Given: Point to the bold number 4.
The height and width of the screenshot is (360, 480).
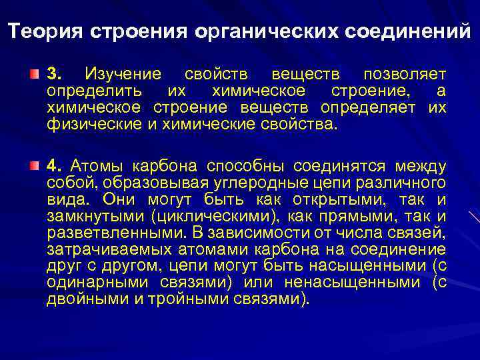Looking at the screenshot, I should [53, 165].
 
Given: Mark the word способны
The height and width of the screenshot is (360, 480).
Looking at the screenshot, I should [247, 165].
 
